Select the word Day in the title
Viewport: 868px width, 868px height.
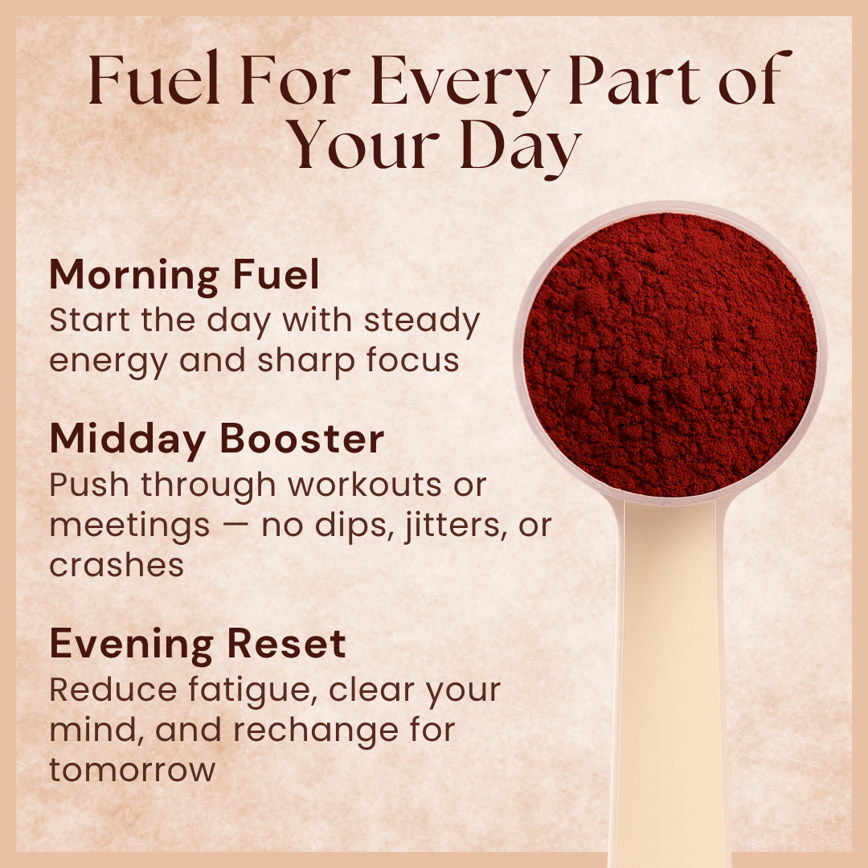522,147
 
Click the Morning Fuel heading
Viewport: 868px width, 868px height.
185,276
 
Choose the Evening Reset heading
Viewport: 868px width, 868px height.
198,644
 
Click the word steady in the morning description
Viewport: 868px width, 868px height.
422,320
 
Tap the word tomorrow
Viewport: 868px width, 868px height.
133,770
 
